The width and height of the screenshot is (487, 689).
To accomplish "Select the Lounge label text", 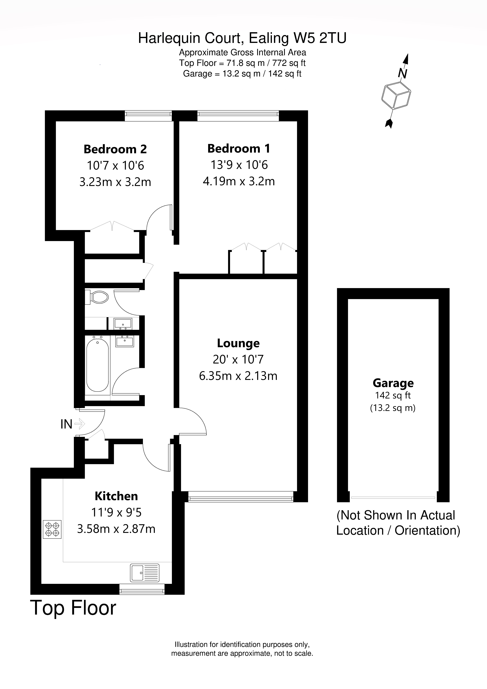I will [238, 343].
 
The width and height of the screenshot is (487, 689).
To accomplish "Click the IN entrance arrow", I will [80, 424].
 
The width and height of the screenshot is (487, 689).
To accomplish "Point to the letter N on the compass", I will [402, 73].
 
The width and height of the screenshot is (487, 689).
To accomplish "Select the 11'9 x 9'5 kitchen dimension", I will [116, 513].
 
